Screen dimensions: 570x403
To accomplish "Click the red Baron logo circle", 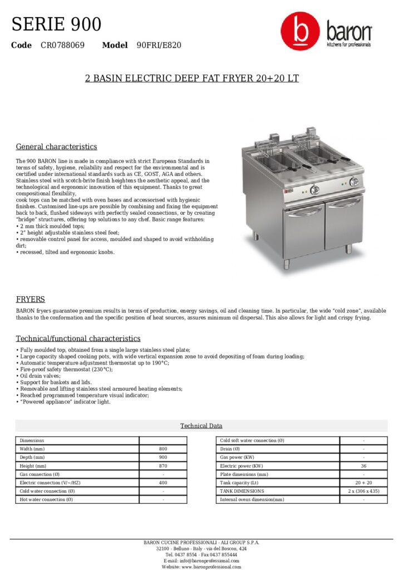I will coord(300,32).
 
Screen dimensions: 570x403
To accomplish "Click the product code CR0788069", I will coord(62,45).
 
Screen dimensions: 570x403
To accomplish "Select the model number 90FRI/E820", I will coord(159,45).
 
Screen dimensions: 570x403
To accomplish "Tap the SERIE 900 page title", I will coord(57,24).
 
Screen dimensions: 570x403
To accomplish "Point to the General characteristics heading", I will coord(56,147).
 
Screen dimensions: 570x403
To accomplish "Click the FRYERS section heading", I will coord(30,299).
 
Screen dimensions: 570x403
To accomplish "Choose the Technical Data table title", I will coord(201,426).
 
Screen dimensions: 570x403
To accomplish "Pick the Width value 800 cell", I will coord(163,449).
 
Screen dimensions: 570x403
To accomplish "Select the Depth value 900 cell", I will coord(163,457).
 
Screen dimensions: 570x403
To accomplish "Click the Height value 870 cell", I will coord(163,465).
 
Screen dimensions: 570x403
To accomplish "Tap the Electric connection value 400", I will coord(163,483).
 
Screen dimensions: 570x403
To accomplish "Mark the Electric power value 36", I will coord(363,465).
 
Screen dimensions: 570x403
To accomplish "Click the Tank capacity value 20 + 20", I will coord(363,483).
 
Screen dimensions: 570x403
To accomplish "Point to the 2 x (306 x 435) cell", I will coord(363,491).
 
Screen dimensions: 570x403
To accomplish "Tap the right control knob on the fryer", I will coord(354,181).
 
